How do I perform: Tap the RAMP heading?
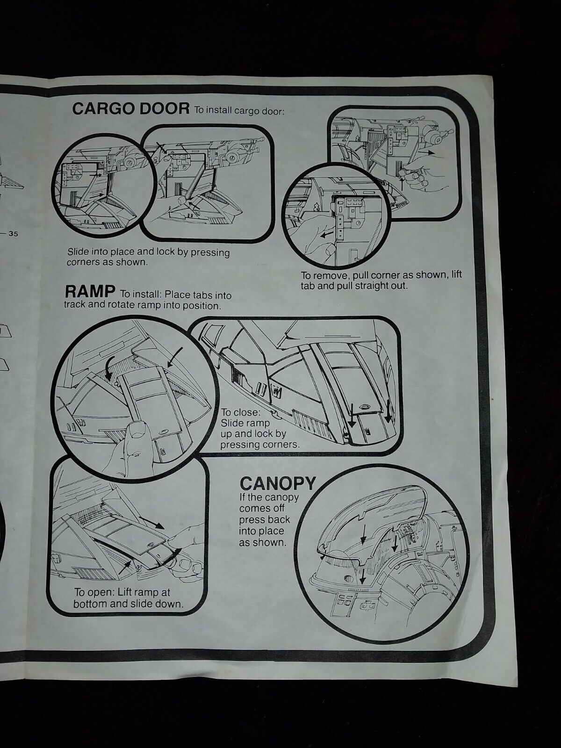pyautogui.click(x=89, y=292)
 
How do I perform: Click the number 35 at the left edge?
pyautogui.click(x=12, y=235)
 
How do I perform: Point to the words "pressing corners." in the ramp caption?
pyautogui.click(x=259, y=444)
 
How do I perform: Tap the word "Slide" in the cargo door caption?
pyautogui.click(x=79, y=251)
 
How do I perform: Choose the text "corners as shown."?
pyautogui.click(x=108, y=262)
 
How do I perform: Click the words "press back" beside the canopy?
pyautogui.click(x=265, y=520)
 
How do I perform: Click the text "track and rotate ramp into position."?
pyautogui.click(x=142, y=306)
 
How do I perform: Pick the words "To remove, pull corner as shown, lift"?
pyautogui.click(x=381, y=274)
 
